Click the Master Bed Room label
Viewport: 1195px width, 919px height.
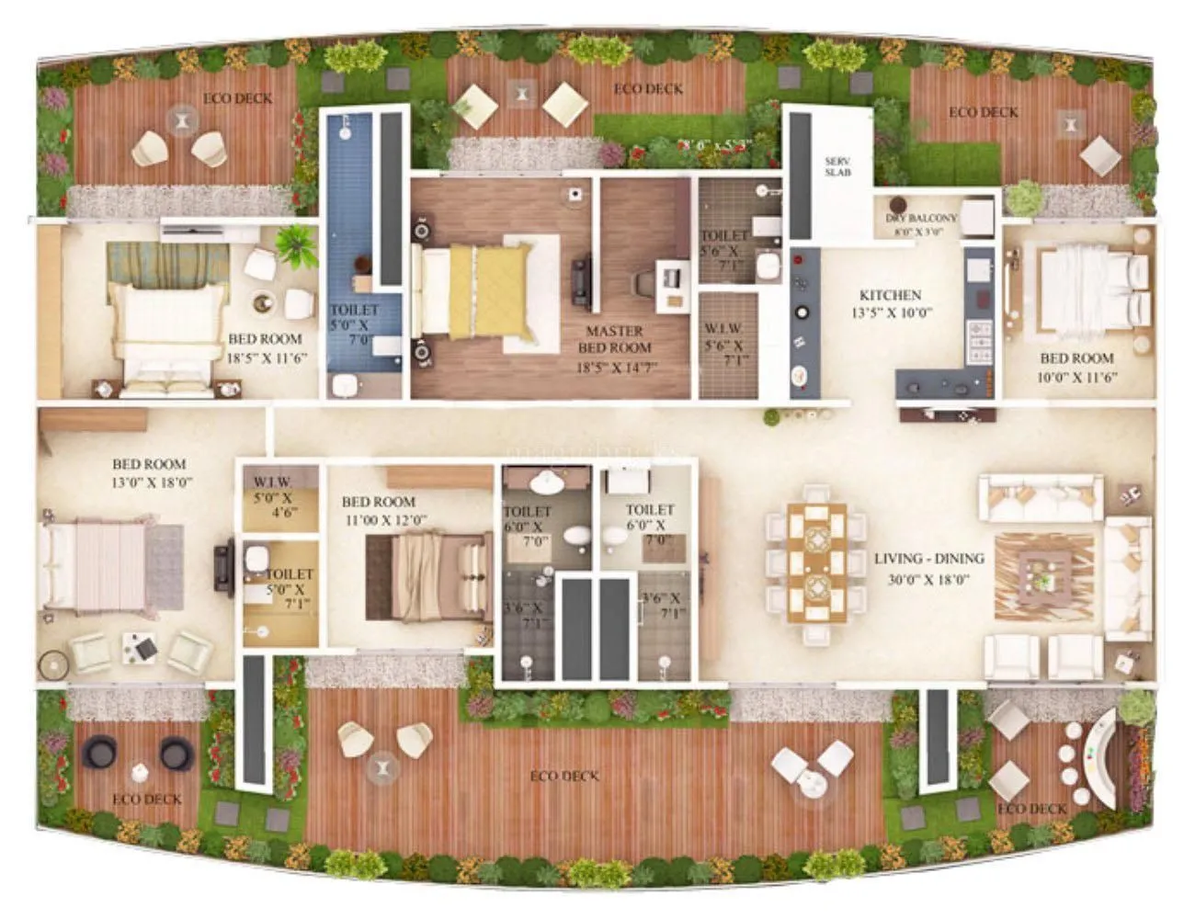point(614,339)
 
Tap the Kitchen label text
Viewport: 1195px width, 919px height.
point(890,295)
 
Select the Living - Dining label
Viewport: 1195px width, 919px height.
point(928,559)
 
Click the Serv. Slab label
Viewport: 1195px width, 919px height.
point(837,166)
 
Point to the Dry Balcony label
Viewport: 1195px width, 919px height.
point(921,219)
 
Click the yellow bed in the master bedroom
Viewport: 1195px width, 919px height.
point(487,288)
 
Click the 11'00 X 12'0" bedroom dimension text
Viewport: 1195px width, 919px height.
point(384,520)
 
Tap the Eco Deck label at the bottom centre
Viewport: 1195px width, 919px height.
point(564,777)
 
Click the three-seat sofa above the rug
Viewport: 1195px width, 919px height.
point(1041,496)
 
